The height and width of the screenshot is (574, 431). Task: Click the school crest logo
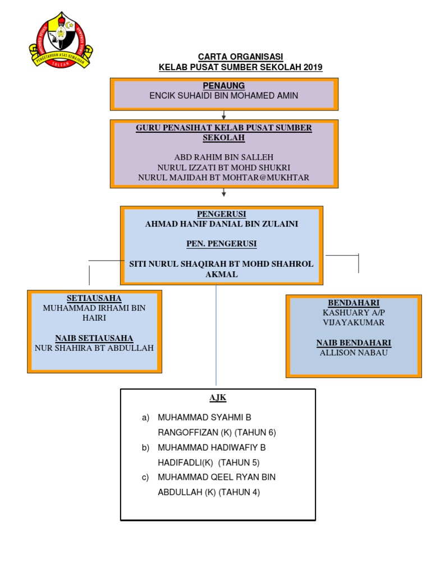pos(61,40)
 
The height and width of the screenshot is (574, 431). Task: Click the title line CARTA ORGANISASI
pos(240,57)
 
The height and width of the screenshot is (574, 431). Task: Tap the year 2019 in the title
pos(313,67)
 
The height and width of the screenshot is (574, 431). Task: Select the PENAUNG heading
pos(224,86)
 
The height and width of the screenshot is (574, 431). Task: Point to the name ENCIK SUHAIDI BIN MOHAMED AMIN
pos(223,95)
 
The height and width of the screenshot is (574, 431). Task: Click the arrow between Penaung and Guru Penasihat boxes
pos(223,115)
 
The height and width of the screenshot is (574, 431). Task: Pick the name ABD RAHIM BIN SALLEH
pos(223,157)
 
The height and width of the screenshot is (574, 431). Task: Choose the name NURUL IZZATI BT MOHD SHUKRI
pos(223,167)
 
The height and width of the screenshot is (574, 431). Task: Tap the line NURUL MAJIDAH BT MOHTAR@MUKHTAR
pos(223,178)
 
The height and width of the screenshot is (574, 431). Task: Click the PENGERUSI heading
pos(221,214)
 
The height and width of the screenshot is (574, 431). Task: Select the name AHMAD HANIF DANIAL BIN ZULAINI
pos(221,224)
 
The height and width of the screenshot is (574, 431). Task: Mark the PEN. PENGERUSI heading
pos(221,244)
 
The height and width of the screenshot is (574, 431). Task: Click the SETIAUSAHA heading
pos(94,298)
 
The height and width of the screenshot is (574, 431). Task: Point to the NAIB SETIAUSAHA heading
pos(94,338)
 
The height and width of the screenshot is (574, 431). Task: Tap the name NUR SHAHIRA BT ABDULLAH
pos(94,348)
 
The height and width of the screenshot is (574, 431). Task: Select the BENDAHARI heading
pos(354,303)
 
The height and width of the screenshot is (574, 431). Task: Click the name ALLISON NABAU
pos(354,353)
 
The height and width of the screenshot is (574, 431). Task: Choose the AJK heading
pos(218,397)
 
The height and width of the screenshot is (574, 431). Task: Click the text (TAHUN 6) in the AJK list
pos(255,433)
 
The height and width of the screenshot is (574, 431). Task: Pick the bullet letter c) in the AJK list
pos(145,478)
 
